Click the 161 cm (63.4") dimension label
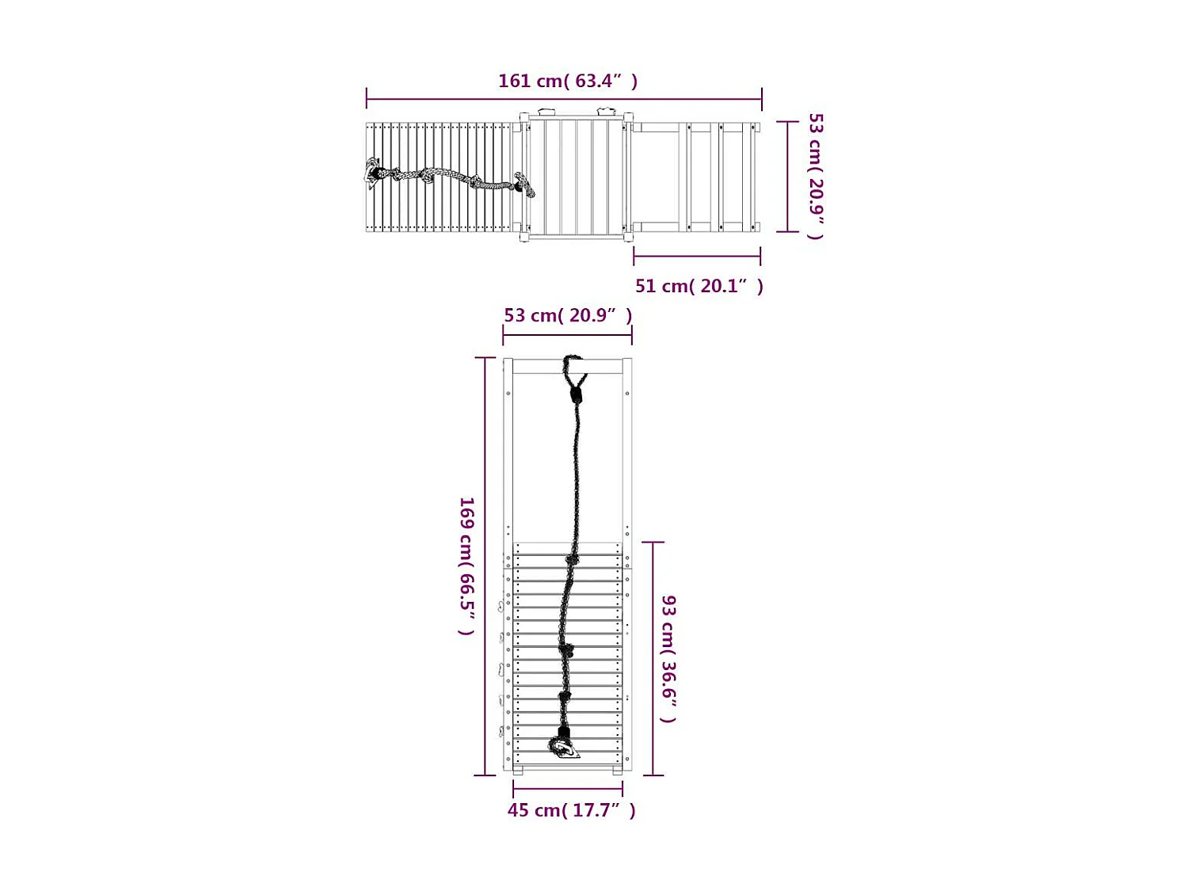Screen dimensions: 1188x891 tap(568, 81)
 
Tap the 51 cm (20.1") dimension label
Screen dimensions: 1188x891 tap(699, 286)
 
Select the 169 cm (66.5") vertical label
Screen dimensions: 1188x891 tap(466, 565)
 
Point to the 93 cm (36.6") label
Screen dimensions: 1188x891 tap(669, 659)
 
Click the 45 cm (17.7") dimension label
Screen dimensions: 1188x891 tap(572, 810)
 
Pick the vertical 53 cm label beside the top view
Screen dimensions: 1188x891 tap(816, 176)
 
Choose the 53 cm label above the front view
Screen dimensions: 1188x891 tap(568, 315)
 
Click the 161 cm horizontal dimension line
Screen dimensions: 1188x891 tap(564, 100)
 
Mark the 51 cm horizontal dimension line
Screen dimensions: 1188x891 tap(697, 256)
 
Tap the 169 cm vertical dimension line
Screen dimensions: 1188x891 tap(485, 566)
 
